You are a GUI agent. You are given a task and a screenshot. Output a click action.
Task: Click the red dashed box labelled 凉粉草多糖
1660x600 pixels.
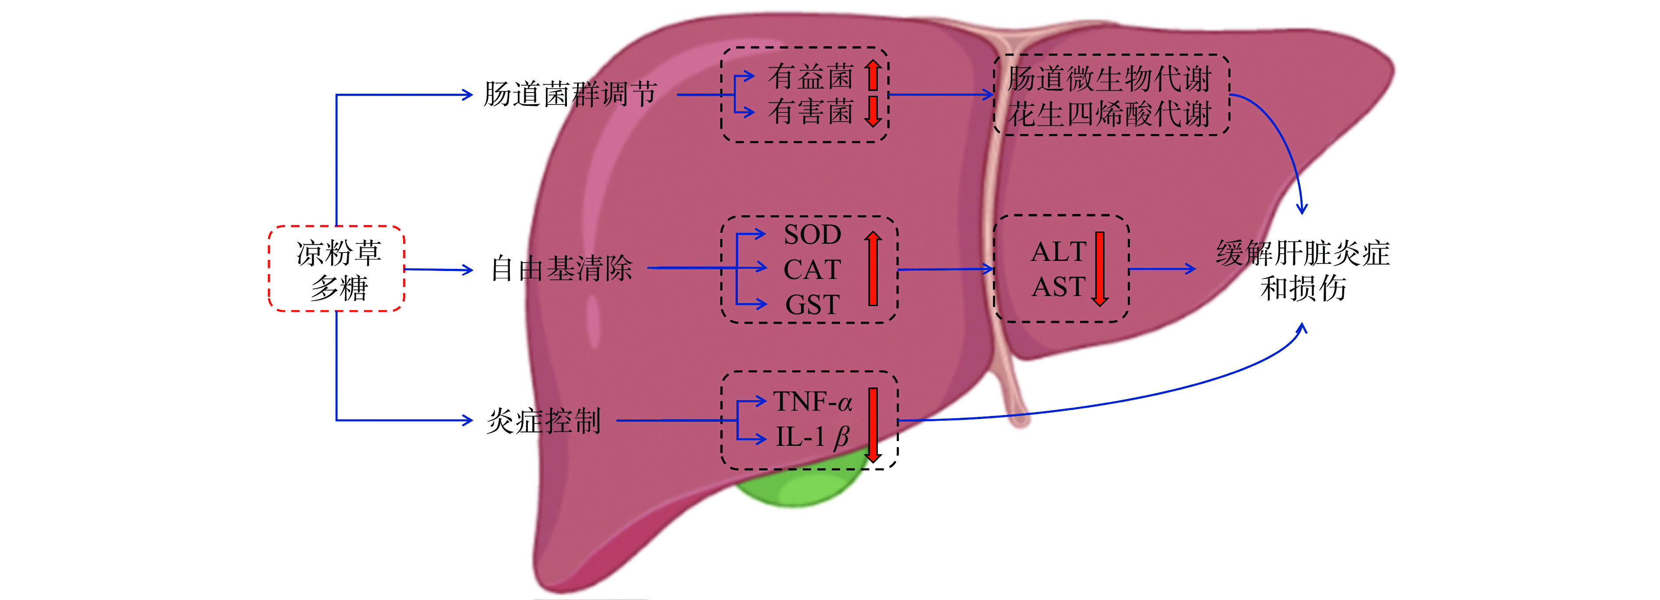(336, 269)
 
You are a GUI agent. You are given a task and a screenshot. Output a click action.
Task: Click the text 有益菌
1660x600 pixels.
(811, 77)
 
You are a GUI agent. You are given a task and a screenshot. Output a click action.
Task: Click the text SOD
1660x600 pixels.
(812, 235)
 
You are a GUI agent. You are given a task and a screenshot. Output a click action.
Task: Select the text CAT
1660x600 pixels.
(812, 269)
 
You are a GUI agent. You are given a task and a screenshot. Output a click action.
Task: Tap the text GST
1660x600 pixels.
(812, 305)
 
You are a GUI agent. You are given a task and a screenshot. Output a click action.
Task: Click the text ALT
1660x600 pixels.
(1059, 252)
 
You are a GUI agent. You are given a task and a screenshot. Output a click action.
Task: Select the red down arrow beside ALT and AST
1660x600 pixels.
(1100, 269)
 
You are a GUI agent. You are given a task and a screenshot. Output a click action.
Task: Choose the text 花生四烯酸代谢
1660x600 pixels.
(1110, 115)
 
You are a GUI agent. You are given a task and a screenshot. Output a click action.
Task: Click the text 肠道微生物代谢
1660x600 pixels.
(1110, 79)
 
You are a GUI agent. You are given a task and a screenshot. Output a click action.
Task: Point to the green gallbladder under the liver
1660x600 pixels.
(799, 490)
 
